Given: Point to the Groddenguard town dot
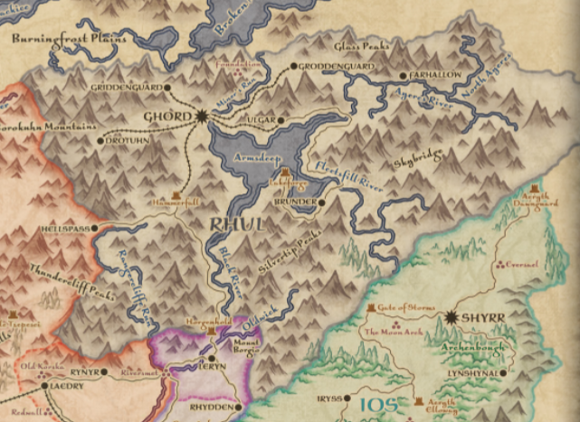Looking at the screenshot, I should pyautogui.click(x=296, y=66).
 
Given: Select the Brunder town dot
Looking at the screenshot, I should pyautogui.click(x=322, y=202).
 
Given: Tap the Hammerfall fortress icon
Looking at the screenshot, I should pyautogui.click(x=176, y=197).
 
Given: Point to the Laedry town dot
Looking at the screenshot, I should pyautogui.click(x=45, y=386).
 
